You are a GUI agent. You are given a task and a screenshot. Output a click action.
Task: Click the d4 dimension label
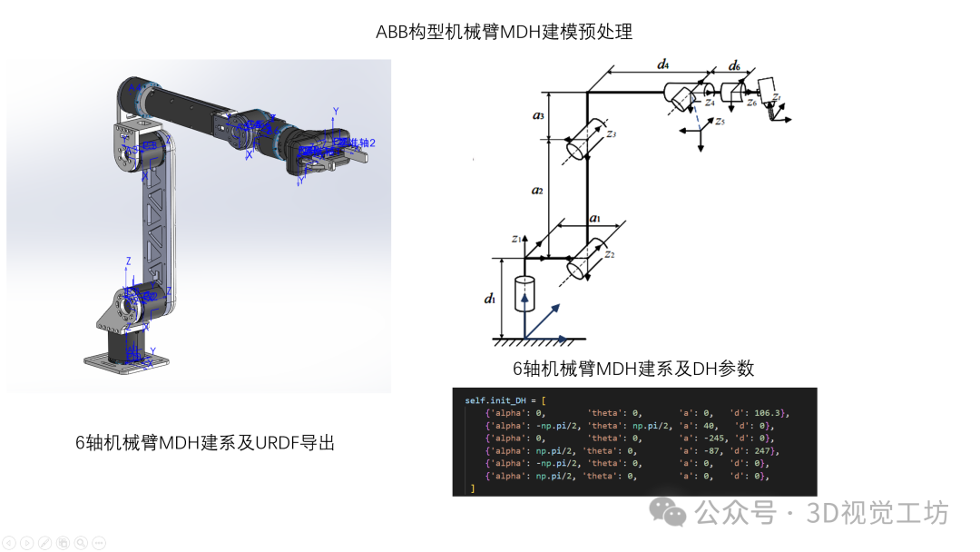[662, 64]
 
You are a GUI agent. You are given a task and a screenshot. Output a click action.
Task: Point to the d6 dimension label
[734, 66]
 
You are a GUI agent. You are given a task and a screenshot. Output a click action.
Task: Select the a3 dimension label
[537, 115]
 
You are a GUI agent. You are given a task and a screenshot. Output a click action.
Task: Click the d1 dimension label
[491, 298]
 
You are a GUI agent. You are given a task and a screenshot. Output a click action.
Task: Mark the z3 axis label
[611, 134]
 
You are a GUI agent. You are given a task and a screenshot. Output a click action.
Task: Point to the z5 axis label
[720, 121]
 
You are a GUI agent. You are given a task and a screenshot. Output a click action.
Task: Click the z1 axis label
[515, 239]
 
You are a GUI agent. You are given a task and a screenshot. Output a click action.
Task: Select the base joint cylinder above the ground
[524, 294]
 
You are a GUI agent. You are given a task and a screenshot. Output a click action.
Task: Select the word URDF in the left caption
[278, 443]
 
